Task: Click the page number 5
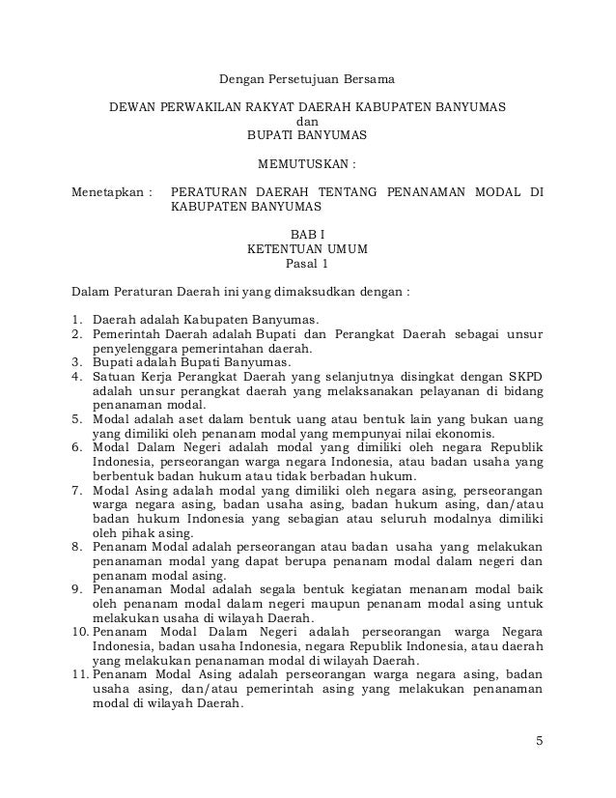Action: (540, 742)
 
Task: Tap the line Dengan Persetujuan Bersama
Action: (304, 76)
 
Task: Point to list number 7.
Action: (78, 490)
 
